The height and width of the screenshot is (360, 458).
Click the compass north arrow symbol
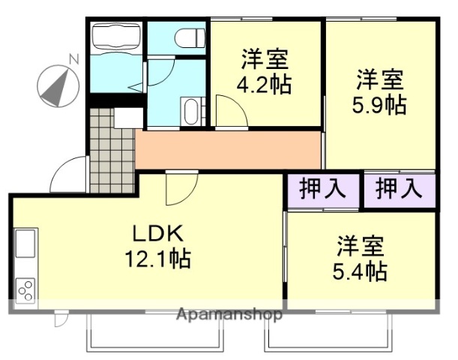point(58,85)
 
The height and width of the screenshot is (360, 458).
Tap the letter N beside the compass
point(73,58)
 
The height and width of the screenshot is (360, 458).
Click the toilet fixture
point(189,36)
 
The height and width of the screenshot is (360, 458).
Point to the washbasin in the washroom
point(190,112)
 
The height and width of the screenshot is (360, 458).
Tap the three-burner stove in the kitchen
point(25,289)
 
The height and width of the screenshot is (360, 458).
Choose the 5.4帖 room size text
point(361,270)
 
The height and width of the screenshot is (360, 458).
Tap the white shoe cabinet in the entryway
point(127,118)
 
